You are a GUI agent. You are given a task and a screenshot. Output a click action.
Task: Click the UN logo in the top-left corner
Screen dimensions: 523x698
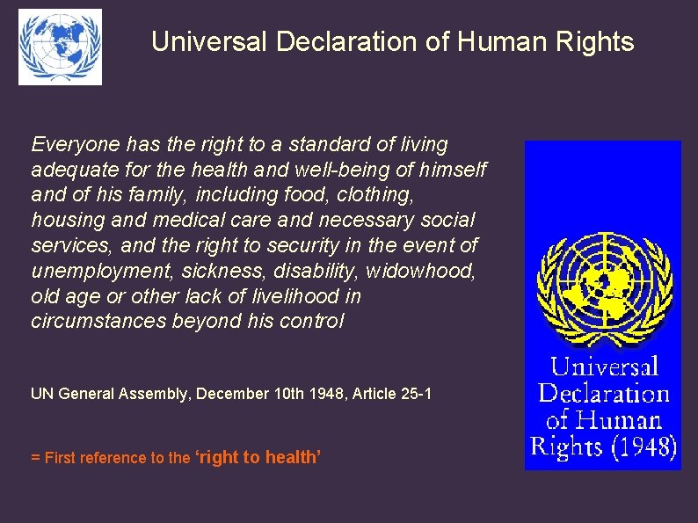coord(60,47)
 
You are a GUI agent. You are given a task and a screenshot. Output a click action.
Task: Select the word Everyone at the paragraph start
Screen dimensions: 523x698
coord(75,144)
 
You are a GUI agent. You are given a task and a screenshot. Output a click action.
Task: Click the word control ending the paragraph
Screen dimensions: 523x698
coord(316,322)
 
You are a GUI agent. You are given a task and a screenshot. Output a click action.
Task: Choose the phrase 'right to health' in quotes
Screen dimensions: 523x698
coord(258,457)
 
